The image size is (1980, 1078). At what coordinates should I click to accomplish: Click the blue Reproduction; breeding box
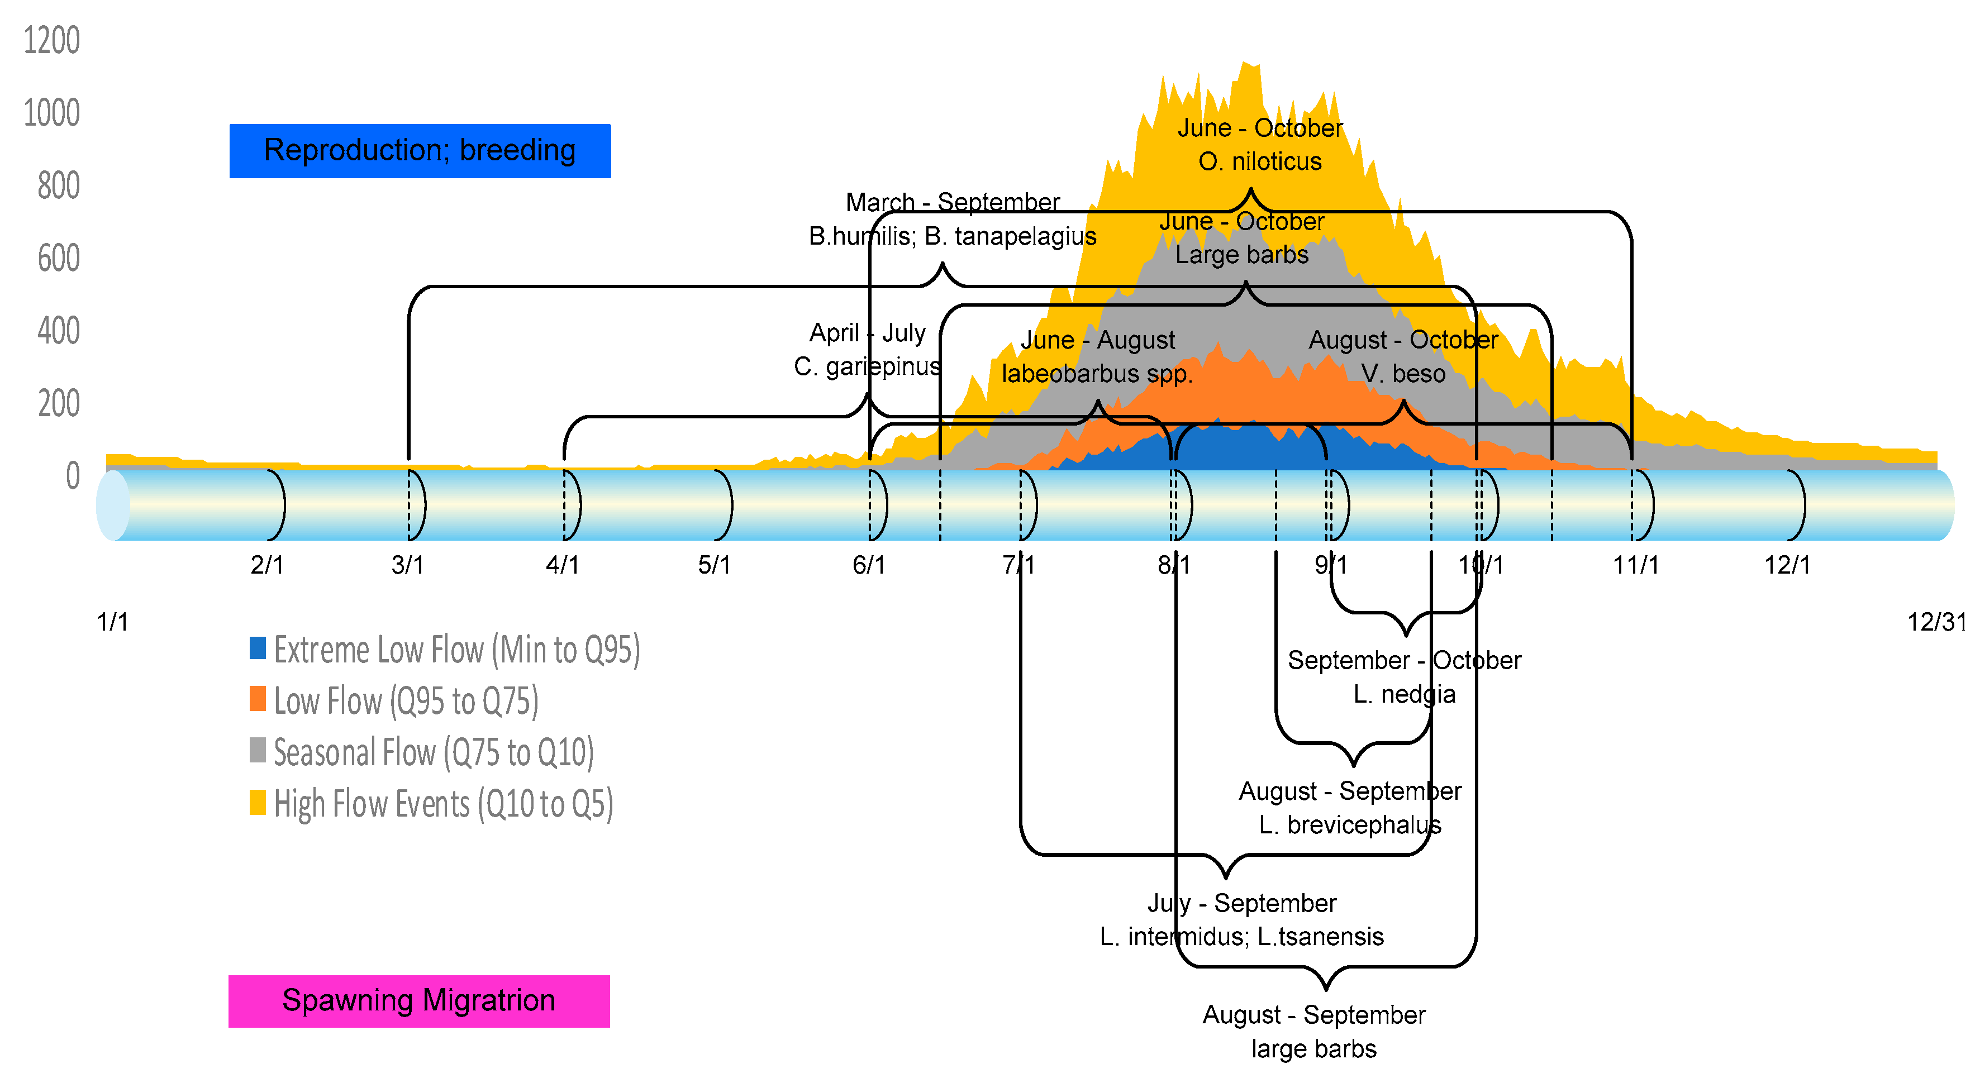pyautogui.click(x=420, y=151)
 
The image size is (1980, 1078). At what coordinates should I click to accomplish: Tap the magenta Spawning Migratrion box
pyautogui.click(x=419, y=1000)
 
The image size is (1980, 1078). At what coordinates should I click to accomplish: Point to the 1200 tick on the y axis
pyautogui.click(x=51, y=40)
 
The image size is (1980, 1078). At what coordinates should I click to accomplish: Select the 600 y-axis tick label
pyautogui.click(x=59, y=258)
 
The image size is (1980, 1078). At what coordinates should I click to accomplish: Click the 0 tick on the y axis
pyautogui.click(x=72, y=476)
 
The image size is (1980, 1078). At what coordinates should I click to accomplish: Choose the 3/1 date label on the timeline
pyautogui.click(x=407, y=565)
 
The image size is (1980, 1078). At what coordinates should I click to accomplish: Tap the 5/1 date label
pyautogui.click(x=714, y=565)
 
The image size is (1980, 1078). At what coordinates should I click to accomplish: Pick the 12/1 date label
pyautogui.click(x=1787, y=565)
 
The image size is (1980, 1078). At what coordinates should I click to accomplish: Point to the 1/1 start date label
pyautogui.click(x=112, y=622)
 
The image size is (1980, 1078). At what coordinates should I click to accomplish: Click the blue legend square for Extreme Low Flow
pyautogui.click(x=258, y=648)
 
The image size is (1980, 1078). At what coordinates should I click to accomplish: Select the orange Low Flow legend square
pyautogui.click(x=258, y=699)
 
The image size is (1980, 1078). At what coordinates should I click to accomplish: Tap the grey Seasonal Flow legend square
pyautogui.click(x=258, y=751)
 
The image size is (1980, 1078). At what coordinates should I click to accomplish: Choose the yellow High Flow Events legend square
pyautogui.click(x=258, y=802)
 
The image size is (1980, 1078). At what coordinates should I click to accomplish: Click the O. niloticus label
pyautogui.click(x=1260, y=161)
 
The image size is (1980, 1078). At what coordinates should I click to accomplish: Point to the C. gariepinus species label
pyautogui.click(x=867, y=366)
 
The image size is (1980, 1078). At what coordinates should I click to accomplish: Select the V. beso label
pyautogui.click(x=1403, y=374)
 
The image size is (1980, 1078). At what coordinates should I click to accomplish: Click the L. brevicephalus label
pyautogui.click(x=1350, y=825)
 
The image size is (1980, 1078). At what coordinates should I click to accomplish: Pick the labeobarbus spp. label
pyautogui.click(x=1097, y=374)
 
